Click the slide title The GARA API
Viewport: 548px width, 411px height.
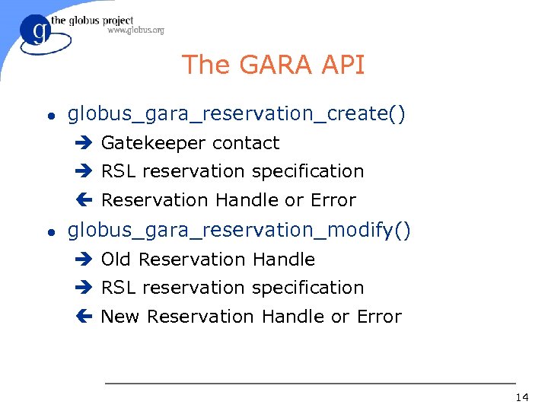[273, 65]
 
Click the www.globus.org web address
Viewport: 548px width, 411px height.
[135, 30]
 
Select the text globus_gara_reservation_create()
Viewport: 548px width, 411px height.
[237, 114]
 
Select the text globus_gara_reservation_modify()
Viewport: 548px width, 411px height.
[239, 231]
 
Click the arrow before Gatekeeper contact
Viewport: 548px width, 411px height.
[83, 143]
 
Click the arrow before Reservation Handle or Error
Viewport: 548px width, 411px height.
[83, 200]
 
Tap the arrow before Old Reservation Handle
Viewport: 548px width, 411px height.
[83, 260]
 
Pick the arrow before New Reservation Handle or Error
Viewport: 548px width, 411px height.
[83, 317]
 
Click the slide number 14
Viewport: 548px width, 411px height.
[521, 397]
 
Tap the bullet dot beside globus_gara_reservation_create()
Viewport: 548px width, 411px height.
[50, 116]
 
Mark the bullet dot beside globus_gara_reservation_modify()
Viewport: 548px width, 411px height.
[50, 232]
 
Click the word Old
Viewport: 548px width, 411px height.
[116, 260]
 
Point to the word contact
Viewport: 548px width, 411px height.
[246, 143]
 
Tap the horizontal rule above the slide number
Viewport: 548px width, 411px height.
[310, 383]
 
